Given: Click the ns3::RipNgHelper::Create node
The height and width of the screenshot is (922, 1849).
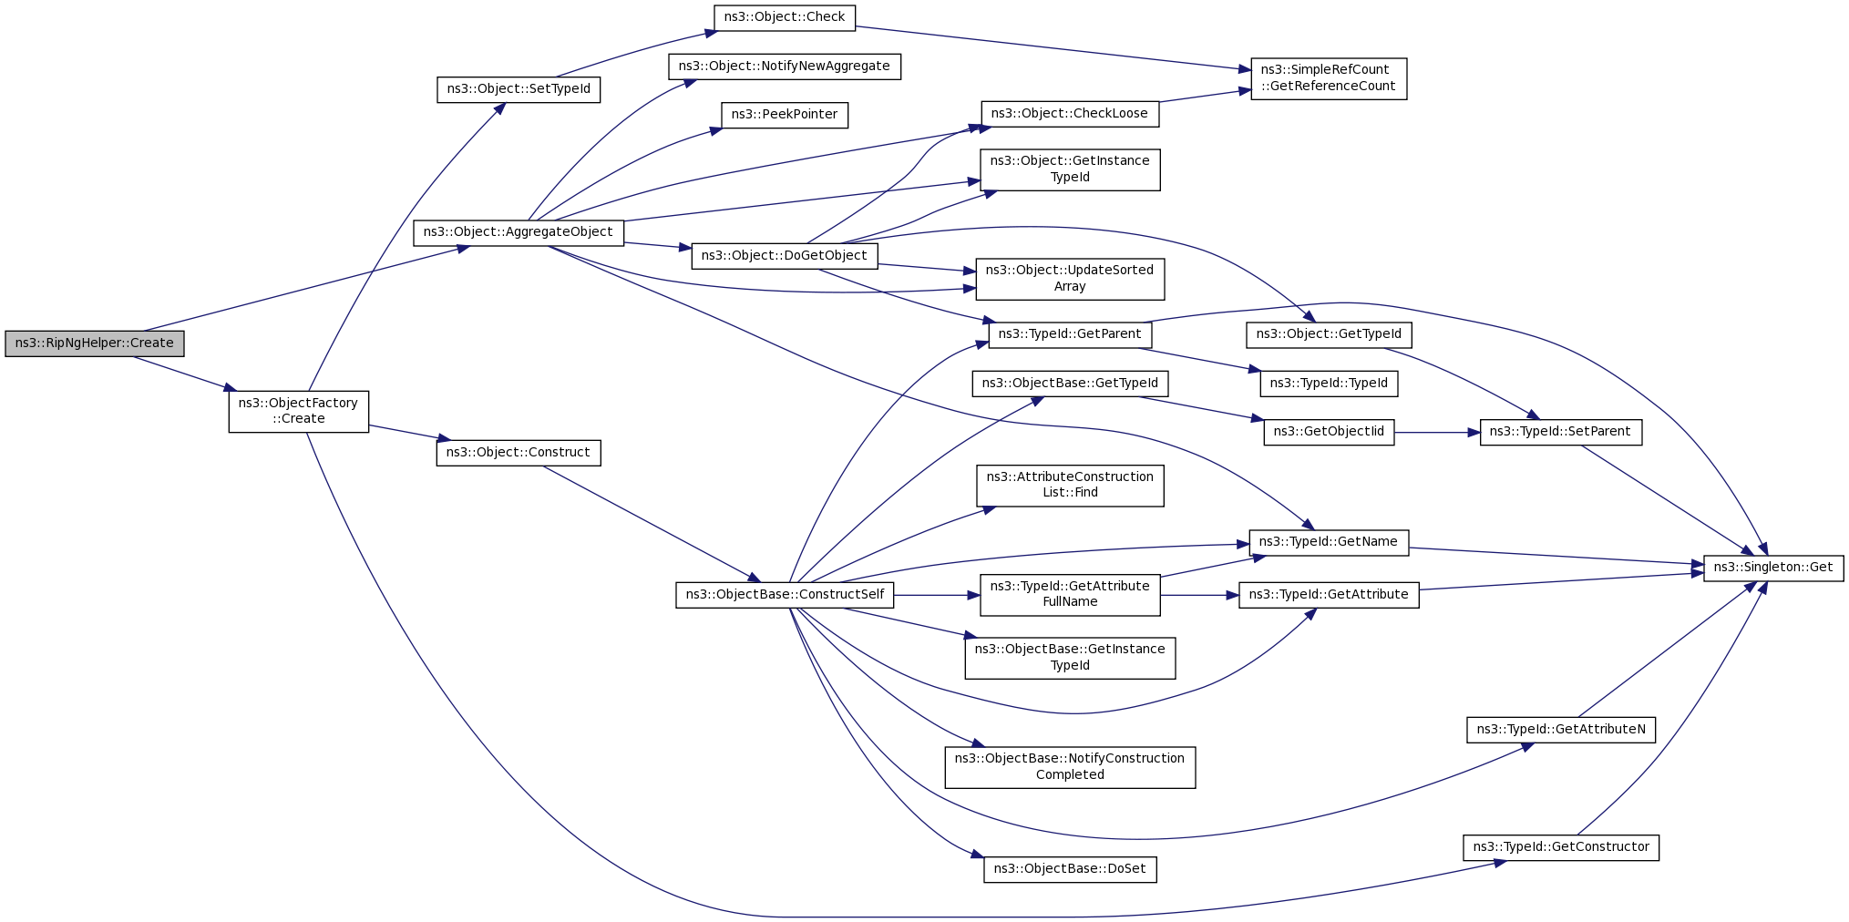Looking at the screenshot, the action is (95, 343).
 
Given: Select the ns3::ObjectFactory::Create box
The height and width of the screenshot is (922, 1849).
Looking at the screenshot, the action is (299, 411).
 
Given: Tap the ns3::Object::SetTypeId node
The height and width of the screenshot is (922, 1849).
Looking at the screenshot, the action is (519, 89).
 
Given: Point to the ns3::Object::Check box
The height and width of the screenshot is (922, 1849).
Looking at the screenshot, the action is (785, 17).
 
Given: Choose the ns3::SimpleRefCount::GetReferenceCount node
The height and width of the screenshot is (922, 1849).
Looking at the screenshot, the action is (1329, 78).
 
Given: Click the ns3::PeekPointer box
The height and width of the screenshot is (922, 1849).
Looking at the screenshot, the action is (785, 115).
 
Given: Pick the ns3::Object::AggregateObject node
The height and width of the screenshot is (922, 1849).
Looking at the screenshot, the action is (519, 232).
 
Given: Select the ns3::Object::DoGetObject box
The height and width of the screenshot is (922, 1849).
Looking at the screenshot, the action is (785, 256).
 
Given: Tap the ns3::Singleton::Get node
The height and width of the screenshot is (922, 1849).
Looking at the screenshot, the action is (1773, 568).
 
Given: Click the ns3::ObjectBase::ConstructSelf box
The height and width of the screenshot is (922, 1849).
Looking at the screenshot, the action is (785, 595).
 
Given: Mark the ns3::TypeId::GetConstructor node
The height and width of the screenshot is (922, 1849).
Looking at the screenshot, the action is (1561, 847).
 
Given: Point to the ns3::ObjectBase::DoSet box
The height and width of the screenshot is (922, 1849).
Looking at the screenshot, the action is (1070, 869).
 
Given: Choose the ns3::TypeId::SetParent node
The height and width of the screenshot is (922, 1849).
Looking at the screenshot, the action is (1561, 432).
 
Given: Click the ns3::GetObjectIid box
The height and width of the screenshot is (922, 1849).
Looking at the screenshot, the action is (1329, 432).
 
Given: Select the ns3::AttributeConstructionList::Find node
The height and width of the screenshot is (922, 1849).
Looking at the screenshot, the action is (1070, 486).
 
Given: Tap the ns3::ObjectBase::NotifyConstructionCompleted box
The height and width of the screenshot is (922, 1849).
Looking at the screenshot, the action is (1070, 767).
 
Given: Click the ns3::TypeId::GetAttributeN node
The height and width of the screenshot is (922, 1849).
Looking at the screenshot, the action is (1561, 730).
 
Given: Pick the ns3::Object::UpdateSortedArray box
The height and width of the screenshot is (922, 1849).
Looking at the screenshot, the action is (1070, 279).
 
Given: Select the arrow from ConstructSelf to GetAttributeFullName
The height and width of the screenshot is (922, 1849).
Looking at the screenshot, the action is (937, 595).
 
